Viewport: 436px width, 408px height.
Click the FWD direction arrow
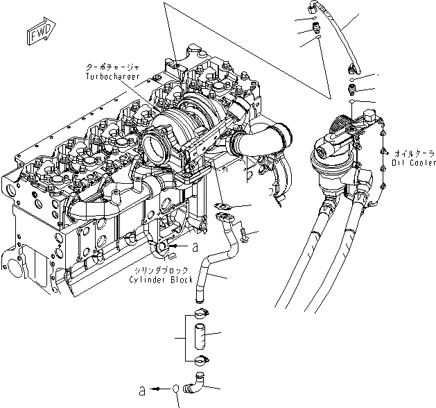[x=35, y=34]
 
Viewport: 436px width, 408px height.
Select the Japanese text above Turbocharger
[x=112, y=66]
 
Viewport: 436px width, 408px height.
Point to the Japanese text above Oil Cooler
[x=414, y=151]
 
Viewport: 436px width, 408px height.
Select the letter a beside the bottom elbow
[x=141, y=389]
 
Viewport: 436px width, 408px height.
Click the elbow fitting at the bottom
[x=198, y=380]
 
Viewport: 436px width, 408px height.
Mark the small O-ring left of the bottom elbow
[x=179, y=388]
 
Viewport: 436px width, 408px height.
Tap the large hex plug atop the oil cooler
[x=325, y=149]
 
